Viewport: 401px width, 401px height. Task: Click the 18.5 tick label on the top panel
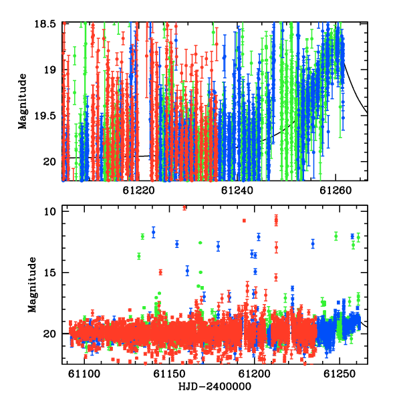[x=45, y=24]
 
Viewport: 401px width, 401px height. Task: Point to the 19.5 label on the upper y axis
[x=45, y=116]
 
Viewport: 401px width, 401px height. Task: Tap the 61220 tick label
[x=138, y=190]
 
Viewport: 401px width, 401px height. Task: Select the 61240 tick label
[x=237, y=190]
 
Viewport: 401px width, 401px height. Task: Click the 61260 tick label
[x=336, y=190]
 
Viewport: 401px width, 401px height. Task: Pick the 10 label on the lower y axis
[x=49, y=212]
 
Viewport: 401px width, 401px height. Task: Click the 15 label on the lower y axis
[x=49, y=273]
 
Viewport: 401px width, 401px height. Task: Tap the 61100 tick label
[x=84, y=374]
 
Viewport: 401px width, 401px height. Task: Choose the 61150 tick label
[x=169, y=374]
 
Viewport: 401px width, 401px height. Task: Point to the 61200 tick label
[x=254, y=374]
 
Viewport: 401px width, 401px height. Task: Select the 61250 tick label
[x=340, y=374]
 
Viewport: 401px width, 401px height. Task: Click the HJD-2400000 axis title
[x=215, y=387]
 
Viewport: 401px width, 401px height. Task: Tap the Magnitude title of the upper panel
[x=23, y=102]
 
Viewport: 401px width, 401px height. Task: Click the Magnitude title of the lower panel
[x=32, y=285]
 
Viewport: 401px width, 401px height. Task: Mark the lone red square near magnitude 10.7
[x=244, y=221]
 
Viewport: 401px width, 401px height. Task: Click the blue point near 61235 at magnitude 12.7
[x=313, y=244]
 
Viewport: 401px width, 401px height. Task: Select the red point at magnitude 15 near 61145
[x=160, y=272]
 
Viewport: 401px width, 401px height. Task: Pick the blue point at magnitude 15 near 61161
[x=187, y=271]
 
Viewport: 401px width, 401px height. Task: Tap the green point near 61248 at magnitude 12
[x=336, y=236]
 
